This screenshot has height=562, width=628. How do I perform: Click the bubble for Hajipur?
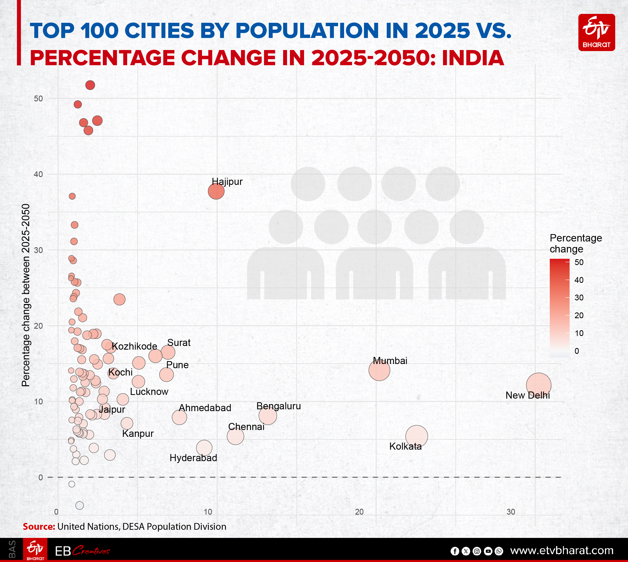click(x=216, y=191)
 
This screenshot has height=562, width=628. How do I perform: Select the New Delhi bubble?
click(x=539, y=385)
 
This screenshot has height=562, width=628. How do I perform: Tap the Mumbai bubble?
click(x=379, y=370)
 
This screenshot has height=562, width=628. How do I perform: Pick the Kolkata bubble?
click(x=416, y=436)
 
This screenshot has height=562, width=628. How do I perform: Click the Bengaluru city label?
click(x=278, y=406)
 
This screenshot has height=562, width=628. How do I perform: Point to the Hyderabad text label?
click(x=193, y=458)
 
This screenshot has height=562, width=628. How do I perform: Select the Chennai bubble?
click(x=235, y=436)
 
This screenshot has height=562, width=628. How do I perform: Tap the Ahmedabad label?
click(x=205, y=407)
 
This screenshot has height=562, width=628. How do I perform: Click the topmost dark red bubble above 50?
click(x=90, y=85)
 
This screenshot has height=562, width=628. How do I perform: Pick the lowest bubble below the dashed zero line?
click(x=80, y=505)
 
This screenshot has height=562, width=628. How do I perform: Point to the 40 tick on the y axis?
click(x=38, y=174)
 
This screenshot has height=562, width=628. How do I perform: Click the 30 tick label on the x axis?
click(x=511, y=512)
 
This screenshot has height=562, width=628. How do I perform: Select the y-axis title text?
click(x=26, y=295)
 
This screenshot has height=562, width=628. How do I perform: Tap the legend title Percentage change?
click(x=576, y=243)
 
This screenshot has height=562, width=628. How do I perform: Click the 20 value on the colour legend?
click(x=579, y=315)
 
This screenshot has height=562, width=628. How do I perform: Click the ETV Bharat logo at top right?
click(x=596, y=32)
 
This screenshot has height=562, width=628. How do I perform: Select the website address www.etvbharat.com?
click(x=562, y=550)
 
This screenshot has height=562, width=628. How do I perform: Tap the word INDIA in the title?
click(x=473, y=58)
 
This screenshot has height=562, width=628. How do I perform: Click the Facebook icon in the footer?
click(x=455, y=551)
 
